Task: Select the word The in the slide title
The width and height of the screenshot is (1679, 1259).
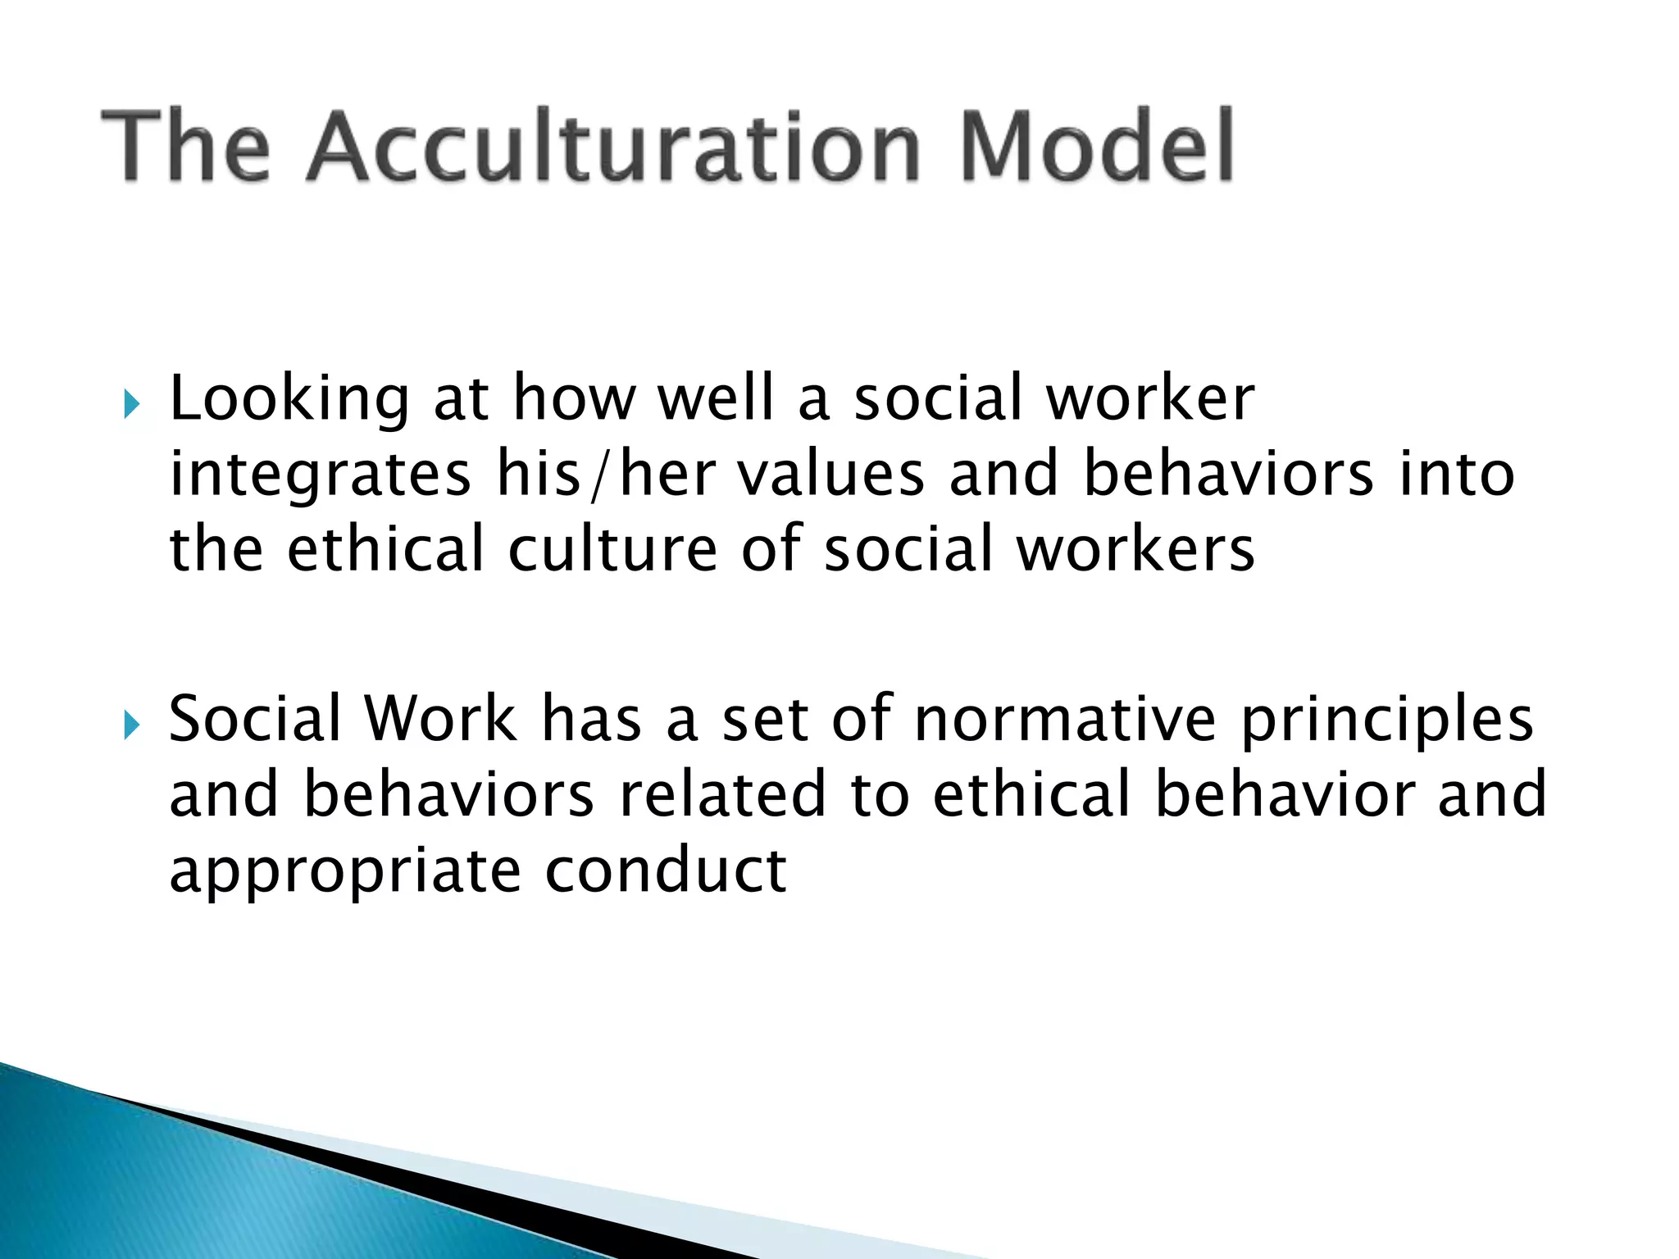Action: [185, 148]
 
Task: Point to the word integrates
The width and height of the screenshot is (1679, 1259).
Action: [320, 475]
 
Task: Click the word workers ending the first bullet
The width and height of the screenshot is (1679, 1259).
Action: [1135, 549]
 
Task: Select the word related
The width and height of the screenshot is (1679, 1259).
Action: [722, 794]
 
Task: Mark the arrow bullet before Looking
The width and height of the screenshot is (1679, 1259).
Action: [131, 403]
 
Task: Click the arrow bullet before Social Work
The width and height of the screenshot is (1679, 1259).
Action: [131, 725]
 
